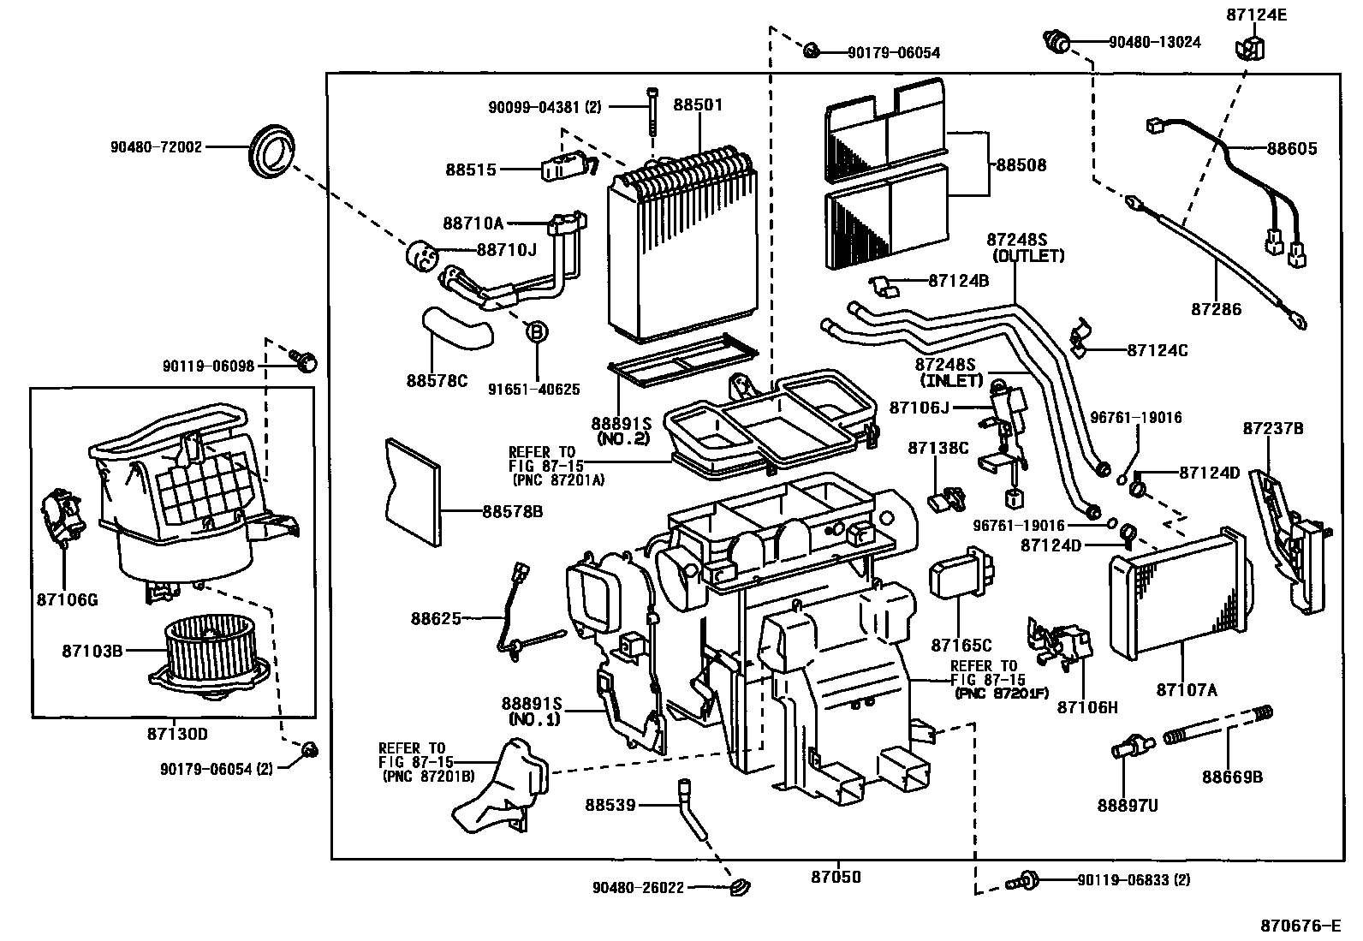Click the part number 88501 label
[x=698, y=105]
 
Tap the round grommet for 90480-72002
[x=271, y=152]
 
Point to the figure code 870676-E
[x=1299, y=926]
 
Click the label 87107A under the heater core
[x=1186, y=688]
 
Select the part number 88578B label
[x=512, y=511]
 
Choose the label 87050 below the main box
[x=836, y=877]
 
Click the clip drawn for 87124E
[x=1249, y=49]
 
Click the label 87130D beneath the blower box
[x=177, y=734]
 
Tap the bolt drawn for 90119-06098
[x=304, y=362]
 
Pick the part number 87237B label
[x=1273, y=428]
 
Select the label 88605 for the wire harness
[x=1292, y=149]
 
